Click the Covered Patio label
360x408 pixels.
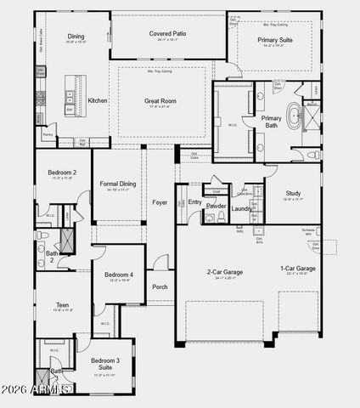pyautogui.click(x=167, y=33)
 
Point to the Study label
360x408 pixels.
pyautogui.click(x=293, y=193)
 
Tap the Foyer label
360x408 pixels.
pyautogui.click(x=160, y=202)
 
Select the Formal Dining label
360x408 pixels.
pyautogui.click(x=117, y=184)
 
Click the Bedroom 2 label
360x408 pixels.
pyautogui.click(x=62, y=173)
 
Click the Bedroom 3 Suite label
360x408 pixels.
pyautogui.click(x=105, y=364)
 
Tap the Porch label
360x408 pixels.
pyautogui.click(x=160, y=286)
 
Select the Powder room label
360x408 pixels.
pyautogui.click(x=216, y=206)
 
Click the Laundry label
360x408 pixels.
pyautogui.click(x=242, y=208)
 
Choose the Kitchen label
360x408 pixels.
pyautogui.click(x=98, y=100)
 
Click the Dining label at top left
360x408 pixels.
pyautogui.click(x=76, y=36)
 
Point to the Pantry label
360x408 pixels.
pyautogui.click(x=47, y=135)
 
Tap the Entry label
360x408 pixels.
pyautogui.click(x=194, y=202)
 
